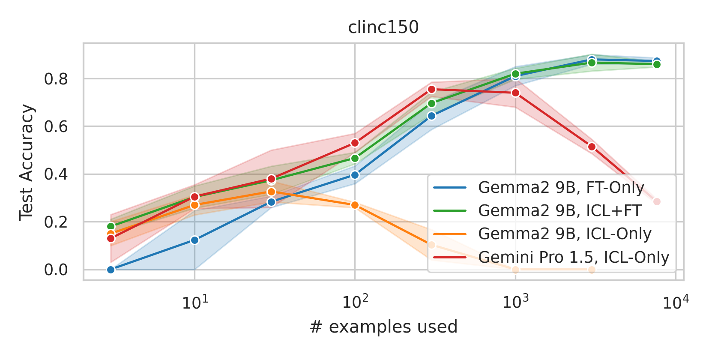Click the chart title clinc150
click(x=383, y=27)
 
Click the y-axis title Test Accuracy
click(x=27, y=162)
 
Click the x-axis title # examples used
click(x=383, y=327)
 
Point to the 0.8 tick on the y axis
click(x=56, y=79)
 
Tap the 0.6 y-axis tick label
click(x=56, y=127)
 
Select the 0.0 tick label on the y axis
click(x=56, y=270)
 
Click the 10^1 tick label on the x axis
click(x=195, y=303)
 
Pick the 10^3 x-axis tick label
click(x=515, y=303)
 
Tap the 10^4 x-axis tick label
click(x=676, y=303)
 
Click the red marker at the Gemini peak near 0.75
click(x=431, y=90)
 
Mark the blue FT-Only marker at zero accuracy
click(x=111, y=270)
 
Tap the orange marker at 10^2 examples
click(x=355, y=205)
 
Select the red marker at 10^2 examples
click(x=355, y=143)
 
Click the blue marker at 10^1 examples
click(x=195, y=240)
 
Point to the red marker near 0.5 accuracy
click(x=592, y=147)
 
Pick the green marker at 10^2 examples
click(x=355, y=159)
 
